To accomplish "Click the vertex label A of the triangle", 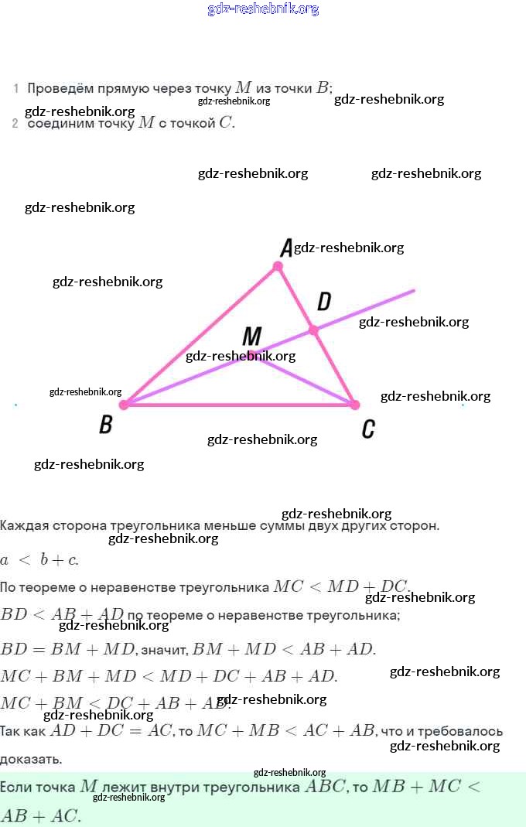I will (x=285, y=248).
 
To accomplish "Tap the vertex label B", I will (x=106, y=425).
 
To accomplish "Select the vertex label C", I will (x=368, y=429).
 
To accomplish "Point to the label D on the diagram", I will (x=324, y=302).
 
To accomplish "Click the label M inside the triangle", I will (x=252, y=337).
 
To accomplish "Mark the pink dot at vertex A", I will (x=278, y=267).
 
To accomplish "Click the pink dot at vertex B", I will (x=123, y=404).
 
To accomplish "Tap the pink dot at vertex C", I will (x=355, y=405).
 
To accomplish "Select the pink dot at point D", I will (x=313, y=330).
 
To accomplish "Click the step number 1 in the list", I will (x=15, y=89).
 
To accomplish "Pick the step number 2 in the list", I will (x=15, y=123).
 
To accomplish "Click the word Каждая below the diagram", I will (x=24, y=526).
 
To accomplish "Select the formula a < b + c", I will (x=39, y=559).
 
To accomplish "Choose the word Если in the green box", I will (x=19, y=787).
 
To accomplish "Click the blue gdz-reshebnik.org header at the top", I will (x=263, y=9).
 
